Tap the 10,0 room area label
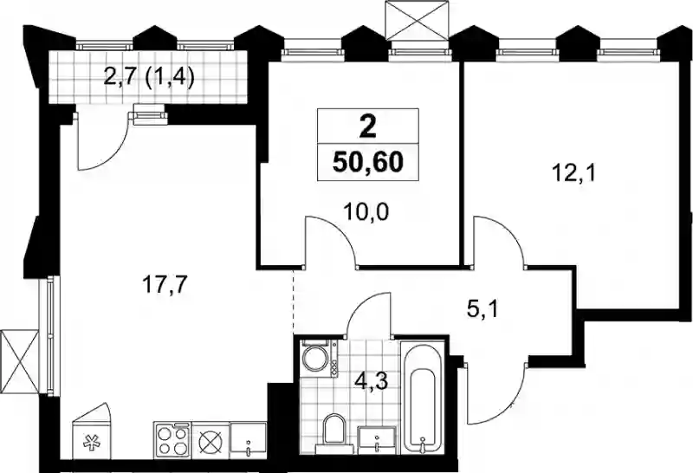366,212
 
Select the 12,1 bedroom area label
574,173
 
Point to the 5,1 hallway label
483,310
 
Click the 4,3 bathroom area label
372,380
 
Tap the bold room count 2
368,127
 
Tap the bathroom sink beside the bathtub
377,440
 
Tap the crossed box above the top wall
417,20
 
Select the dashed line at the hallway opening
294,301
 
